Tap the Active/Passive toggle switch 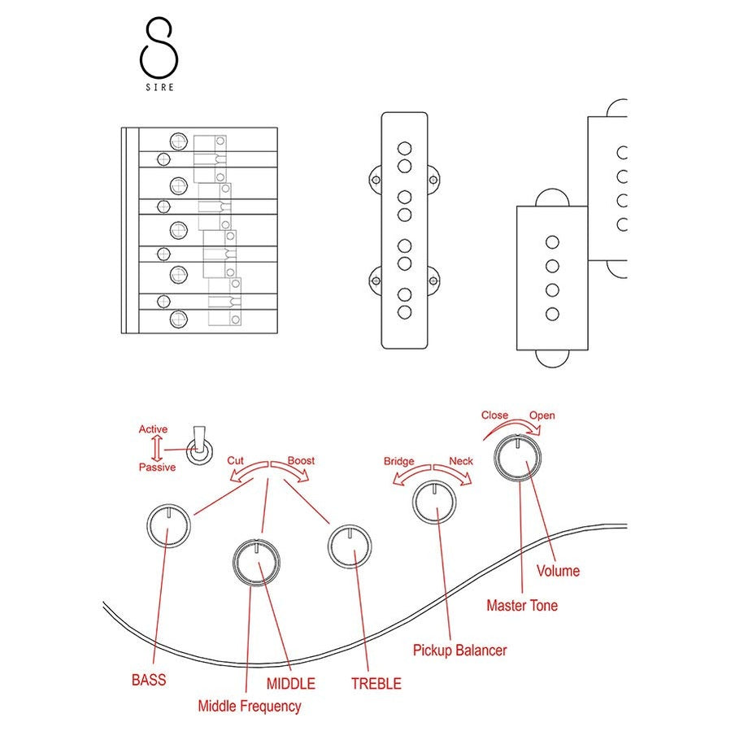197,447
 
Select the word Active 153,429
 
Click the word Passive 157,468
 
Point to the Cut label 235,460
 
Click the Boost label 301,460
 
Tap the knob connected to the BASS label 168,524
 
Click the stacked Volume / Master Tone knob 520,458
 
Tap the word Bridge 400,461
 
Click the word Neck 461,461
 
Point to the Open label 542,416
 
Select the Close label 494,415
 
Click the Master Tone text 522,606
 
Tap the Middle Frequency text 250,706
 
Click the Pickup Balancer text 459,651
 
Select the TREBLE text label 376,684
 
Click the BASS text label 149,679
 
